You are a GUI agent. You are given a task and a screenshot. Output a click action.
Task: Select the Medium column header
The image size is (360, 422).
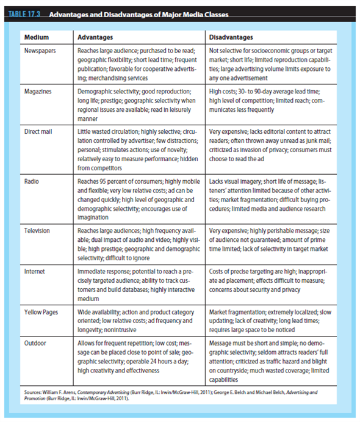point(36,37)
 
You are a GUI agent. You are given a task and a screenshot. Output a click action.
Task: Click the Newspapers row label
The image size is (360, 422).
point(41,52)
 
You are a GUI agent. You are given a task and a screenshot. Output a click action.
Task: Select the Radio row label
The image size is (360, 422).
point(32,181)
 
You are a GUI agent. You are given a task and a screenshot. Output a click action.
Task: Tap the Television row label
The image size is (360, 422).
point(37,231)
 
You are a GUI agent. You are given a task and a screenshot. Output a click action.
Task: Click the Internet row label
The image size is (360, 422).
point(35,269)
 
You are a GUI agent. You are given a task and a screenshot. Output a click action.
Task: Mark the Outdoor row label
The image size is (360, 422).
point(36,343)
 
